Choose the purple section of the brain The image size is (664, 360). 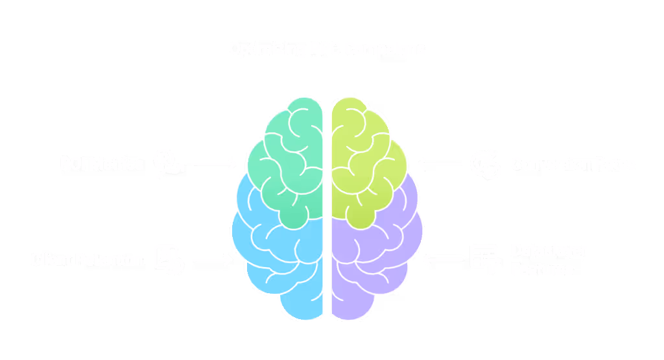click(x=376, y=259)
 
